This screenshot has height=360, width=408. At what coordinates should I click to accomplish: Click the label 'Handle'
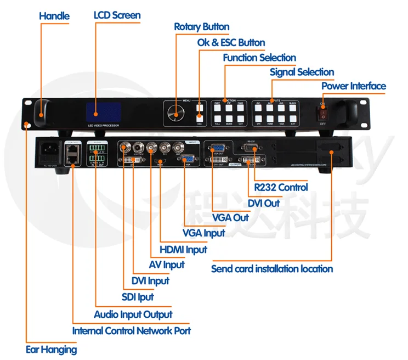tap(54, 16)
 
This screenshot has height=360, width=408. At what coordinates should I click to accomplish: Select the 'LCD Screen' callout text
tap(117, 15)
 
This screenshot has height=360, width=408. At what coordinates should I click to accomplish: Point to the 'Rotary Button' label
tap(201, 27)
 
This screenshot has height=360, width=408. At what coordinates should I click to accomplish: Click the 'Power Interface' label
tap(353, 86)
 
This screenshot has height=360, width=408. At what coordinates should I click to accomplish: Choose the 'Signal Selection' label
tap(302, 72)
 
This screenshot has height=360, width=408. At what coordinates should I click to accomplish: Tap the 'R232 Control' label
tap(281, 187)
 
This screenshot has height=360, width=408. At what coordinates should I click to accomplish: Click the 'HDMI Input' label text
tap(183, 250)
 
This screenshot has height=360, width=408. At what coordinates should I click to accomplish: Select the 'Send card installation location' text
tap(272, 269)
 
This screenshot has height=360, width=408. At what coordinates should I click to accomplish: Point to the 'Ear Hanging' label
tap(52, 349)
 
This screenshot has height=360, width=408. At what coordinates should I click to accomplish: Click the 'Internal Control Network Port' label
tap(132, 331)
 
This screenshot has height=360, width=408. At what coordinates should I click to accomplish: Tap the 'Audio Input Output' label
tap(133, 314)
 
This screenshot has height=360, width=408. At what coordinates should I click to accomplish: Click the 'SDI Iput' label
tap(138, 297)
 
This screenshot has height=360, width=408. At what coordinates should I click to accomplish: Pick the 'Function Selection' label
tap(259, 58)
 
